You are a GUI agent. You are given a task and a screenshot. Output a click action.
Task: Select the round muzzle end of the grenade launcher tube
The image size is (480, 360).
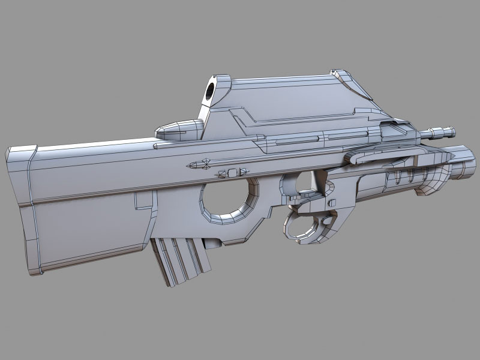pyautogui.click(x=464, y=161)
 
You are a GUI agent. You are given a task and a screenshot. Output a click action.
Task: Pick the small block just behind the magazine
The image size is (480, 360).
pyautogui.click(x=211, y=244)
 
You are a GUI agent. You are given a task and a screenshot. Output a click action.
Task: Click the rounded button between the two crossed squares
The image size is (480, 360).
pyautogui.click(x=233, y=173)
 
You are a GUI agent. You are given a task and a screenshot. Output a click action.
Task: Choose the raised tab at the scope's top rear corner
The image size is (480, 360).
pyautogui.click(x=345, y=76)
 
